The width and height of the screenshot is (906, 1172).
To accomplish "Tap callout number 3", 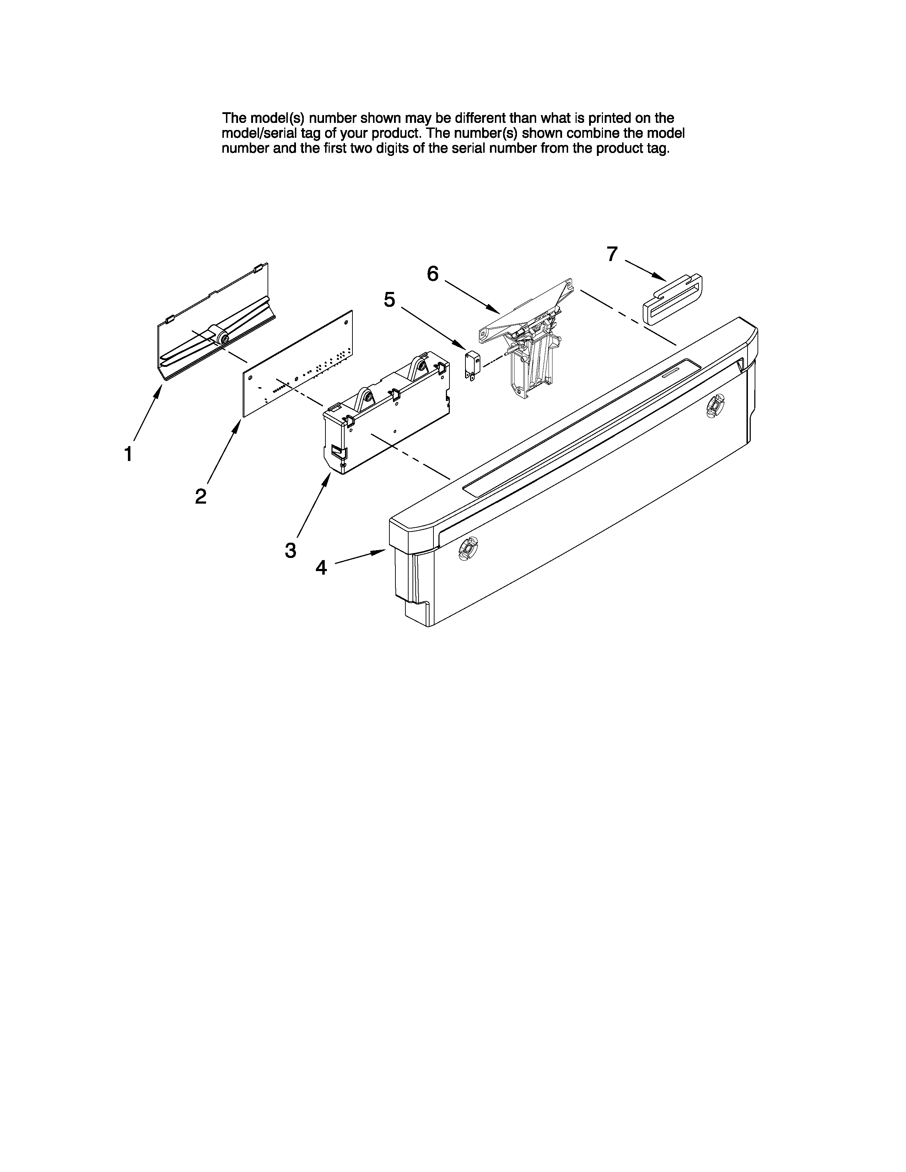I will point(290,550).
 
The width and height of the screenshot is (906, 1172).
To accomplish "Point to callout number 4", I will point(321,567).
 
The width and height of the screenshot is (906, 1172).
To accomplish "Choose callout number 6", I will point(433,274).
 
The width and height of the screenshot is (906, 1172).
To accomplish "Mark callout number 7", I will point(612,254).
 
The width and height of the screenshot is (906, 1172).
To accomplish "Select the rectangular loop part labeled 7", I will point(673,299).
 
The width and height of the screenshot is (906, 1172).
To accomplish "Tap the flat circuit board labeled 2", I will point(298,365).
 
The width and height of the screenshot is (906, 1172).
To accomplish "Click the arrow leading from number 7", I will point(644,270).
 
